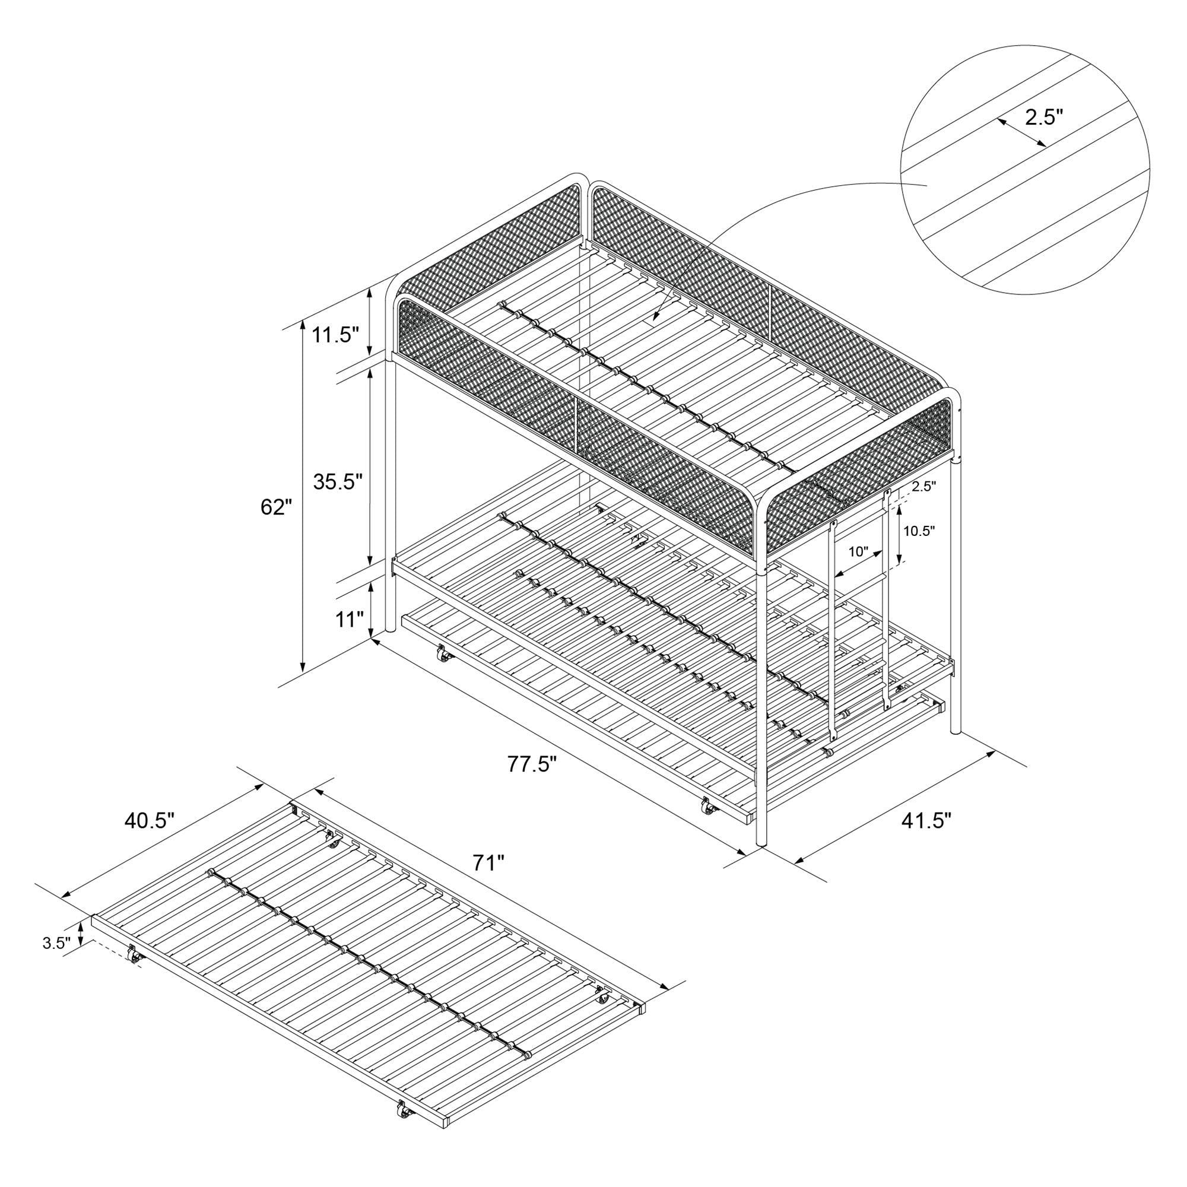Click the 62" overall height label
click(276, 507)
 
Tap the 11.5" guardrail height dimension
click(336, 335)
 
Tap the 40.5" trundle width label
click(150, 821)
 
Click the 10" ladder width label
click(858, 552)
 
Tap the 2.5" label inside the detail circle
click(1043, 118)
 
